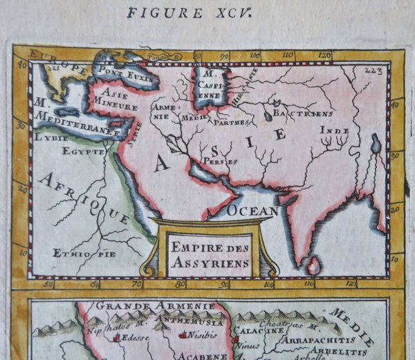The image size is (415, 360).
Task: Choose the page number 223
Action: point(371,70)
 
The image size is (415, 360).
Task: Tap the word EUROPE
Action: point(61,67)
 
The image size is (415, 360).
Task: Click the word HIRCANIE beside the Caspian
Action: point(246,88)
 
